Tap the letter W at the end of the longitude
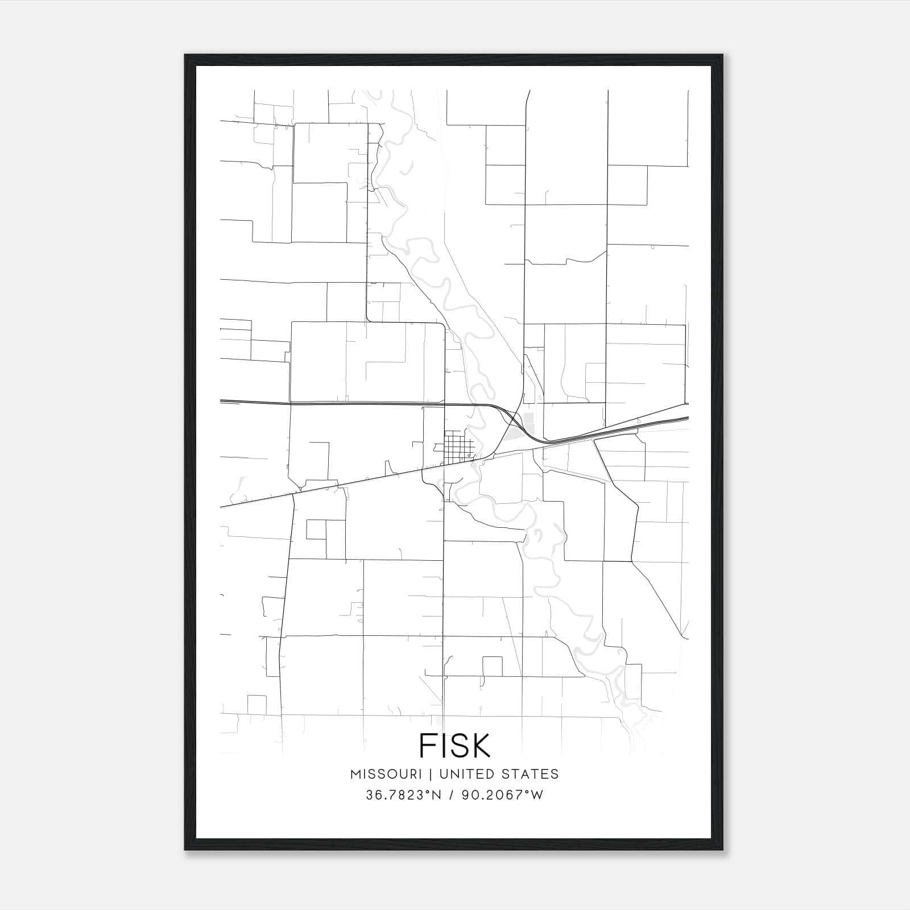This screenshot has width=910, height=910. click(x=536, y=795)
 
